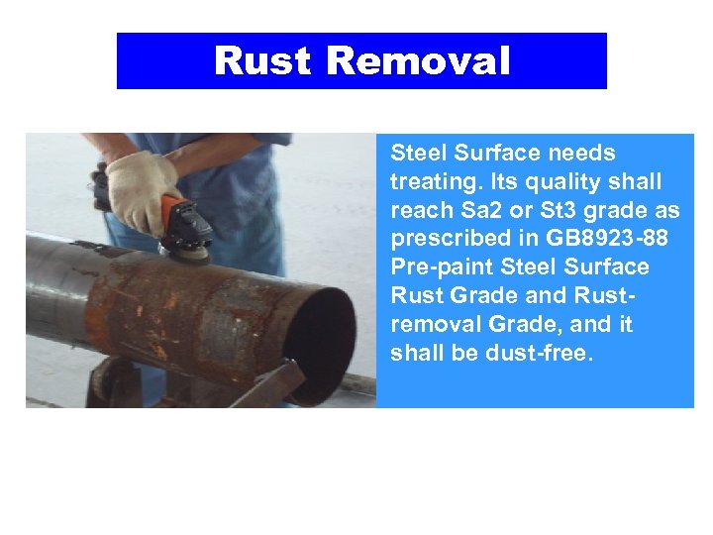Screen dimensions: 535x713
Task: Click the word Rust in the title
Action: tap(263, 61)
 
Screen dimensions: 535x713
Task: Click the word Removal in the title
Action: tap(418, 61)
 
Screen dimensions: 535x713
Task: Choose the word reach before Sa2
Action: tap(423, 211)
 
